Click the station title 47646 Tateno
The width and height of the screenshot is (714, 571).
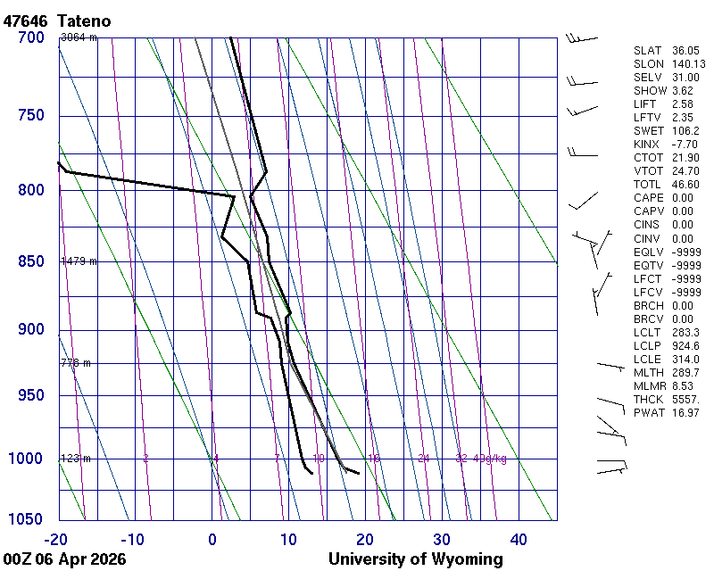pyautogui.click(x=62, y=20)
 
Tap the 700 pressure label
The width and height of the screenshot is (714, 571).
pyautogui.click(x=30, y=37)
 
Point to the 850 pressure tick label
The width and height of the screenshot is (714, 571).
pyautogui.click(x=30, y=261)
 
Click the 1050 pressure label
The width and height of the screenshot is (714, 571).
pyautogui.click(x=27, y=519)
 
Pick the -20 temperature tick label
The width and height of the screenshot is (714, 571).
pyautogui.click(x=56, y=539)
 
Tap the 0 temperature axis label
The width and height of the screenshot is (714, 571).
pyautogui.click(x=212, y=539)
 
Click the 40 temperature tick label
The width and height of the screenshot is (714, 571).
pyautogui.click(x=519, y=539)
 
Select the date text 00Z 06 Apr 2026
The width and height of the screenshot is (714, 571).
pyautogui.click(x=64, y=559)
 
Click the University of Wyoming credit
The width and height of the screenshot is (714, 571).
pyautogui.click(x=415, y=559)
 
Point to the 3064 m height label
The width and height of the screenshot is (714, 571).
pyautogui.click(x=79, y=37)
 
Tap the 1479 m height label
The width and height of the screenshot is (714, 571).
pyautogui.click(x=79, y=261)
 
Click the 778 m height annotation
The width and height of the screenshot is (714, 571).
pyautogui.click(x=76, y=363)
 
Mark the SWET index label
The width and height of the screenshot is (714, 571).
pyautogui.click(x=649, y=131)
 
